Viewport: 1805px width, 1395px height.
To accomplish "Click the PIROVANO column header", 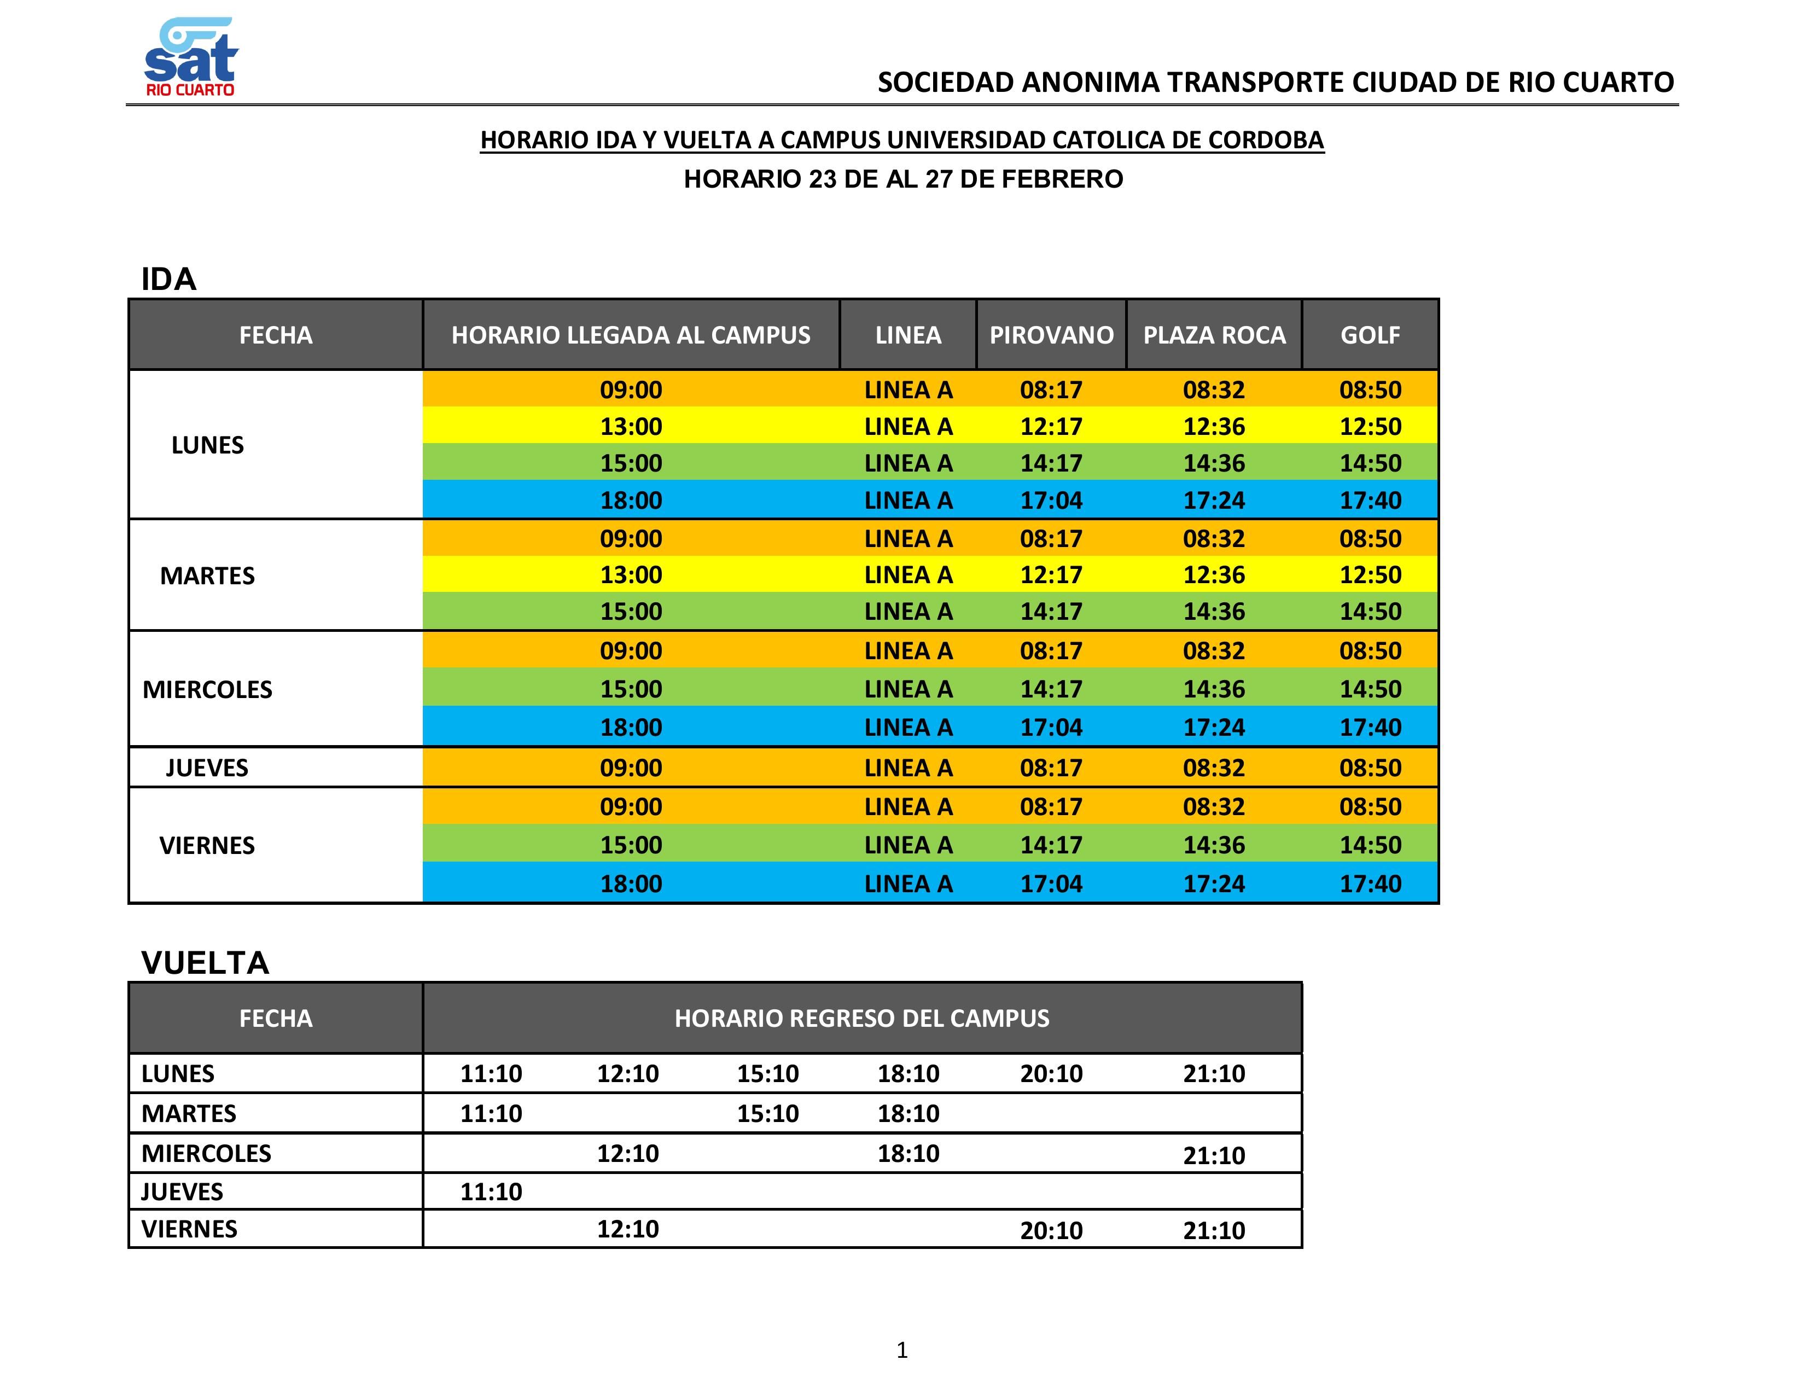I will [x=1051, y=335].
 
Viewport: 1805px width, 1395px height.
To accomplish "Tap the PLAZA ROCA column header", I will [x=1214, y=335].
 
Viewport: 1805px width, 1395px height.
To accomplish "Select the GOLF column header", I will [x=1370, y=335].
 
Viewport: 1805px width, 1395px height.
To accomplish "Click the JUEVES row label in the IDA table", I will [x=207, y=768].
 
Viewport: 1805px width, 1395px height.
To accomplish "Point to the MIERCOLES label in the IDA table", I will [x=207, y=689].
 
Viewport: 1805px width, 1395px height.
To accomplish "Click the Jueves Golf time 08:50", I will [x=1370, y=768].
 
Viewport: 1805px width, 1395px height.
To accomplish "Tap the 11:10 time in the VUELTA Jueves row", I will [x=491, y=1191].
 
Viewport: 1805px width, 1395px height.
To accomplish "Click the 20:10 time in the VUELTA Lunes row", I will [x=1050, y=1073].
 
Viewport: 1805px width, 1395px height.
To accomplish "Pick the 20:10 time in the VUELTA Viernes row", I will [x=1050, y=1230].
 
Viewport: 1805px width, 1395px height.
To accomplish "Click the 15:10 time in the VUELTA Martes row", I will [x=768, y=1113].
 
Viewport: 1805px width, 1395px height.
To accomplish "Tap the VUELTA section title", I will [x=205, y=963].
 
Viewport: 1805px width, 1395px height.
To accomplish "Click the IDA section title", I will [x=168, y=280].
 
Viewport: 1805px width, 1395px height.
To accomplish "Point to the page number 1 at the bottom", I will [x=901, y=1350].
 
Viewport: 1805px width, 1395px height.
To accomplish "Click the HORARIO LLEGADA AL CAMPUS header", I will [x=631, y=335].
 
